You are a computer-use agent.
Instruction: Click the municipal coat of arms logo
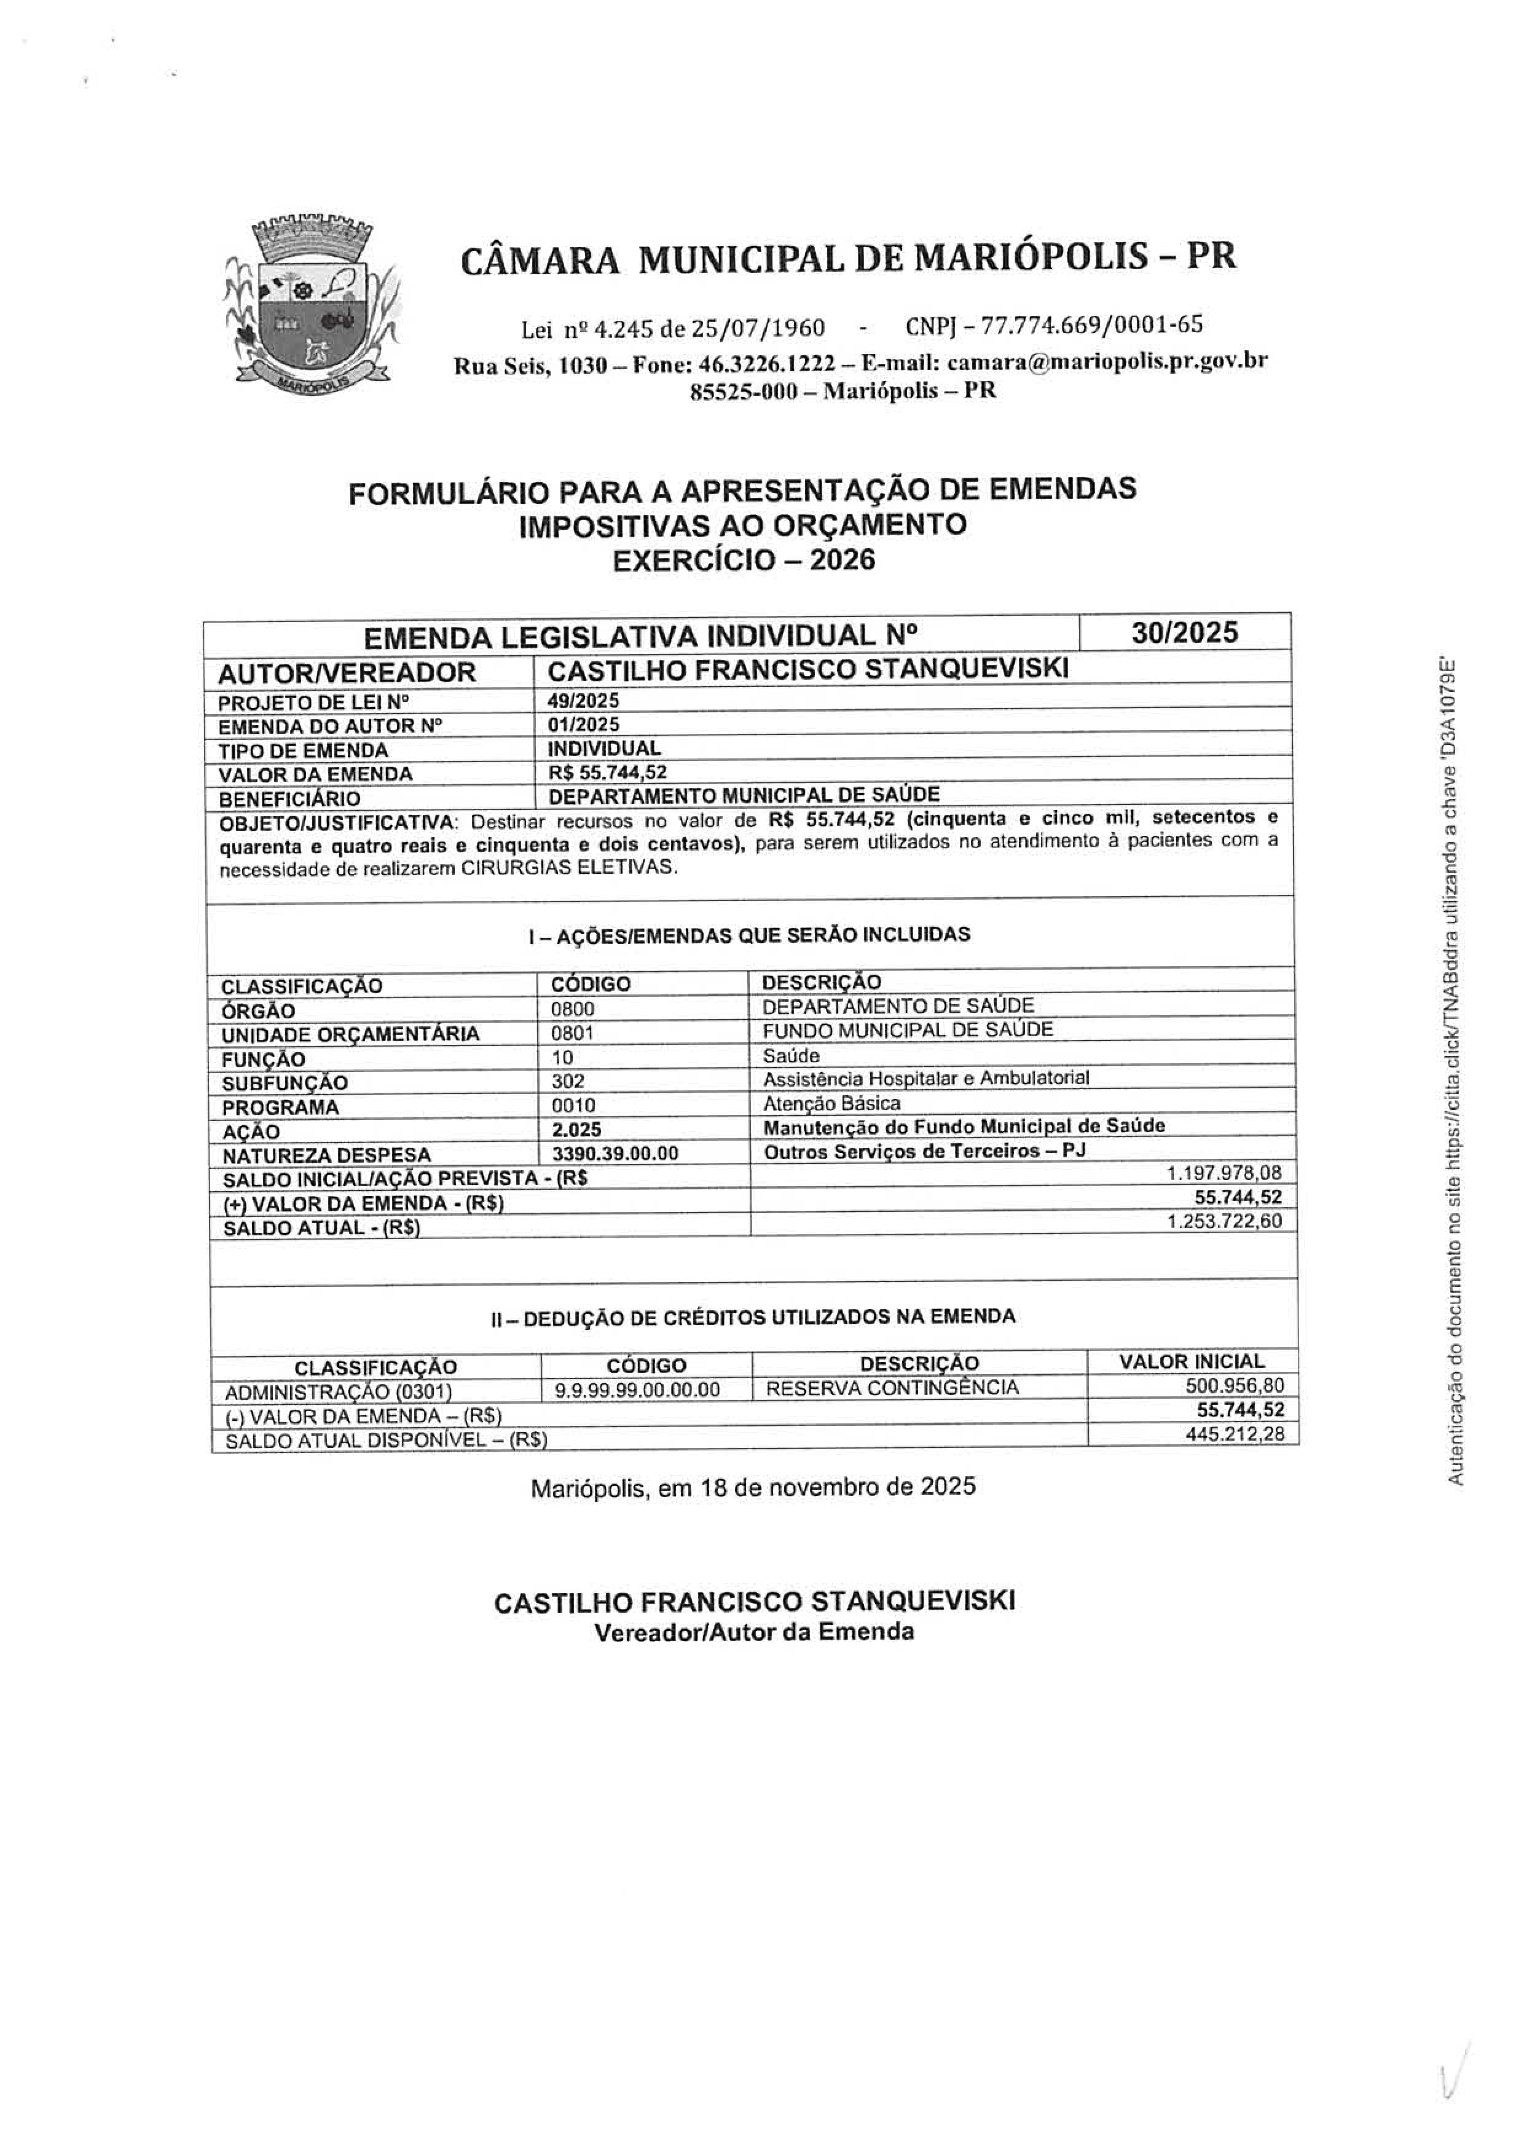[x=312, y=304]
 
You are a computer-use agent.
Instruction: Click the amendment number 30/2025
[x=1184, y=633]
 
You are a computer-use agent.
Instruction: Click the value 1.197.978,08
[x=1224, y=1173]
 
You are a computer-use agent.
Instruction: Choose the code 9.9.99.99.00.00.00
[x=638, y=1390]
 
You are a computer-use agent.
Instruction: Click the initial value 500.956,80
[x=1235, y=1385]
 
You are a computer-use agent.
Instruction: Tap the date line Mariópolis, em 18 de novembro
[x=753, y=1487]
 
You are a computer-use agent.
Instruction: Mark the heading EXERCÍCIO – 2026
[x=744, y=561]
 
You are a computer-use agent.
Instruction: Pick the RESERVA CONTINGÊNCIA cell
[x=892, y=1388]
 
